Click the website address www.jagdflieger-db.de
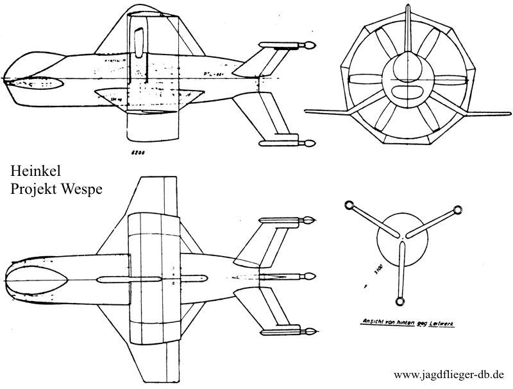coord(450,374)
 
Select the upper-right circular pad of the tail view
coord(458,210)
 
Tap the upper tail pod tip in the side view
coord(310,46)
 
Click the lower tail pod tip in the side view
coord(310,143)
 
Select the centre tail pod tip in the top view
coord(311,277)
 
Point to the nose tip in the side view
coord(4,82)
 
